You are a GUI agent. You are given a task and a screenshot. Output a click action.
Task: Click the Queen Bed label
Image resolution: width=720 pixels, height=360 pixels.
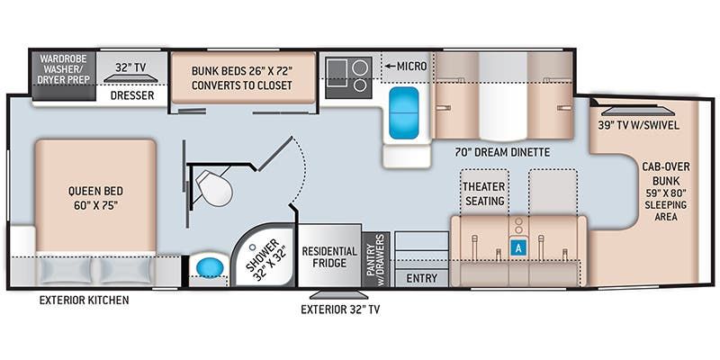click(94, 197)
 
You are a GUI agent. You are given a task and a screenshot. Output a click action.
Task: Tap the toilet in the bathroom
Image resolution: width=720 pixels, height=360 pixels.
click(214, 187)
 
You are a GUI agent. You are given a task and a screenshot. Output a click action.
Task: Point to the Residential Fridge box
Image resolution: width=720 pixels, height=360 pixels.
click(329, 256)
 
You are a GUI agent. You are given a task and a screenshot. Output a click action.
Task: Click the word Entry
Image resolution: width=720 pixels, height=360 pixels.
click(421, 279)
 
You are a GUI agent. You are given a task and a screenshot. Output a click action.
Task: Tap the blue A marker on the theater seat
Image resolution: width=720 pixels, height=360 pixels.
click(518, 246)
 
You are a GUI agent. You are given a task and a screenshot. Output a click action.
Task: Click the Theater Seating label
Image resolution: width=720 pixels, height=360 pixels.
click(484, 193)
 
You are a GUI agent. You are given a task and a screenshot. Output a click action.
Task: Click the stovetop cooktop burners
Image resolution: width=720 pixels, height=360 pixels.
click(348, 74)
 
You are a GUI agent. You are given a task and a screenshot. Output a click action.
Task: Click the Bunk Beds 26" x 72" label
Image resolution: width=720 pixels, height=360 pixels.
click(243, 77)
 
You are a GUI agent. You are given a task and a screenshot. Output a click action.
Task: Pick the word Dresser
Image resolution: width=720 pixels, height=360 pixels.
click(132, 94)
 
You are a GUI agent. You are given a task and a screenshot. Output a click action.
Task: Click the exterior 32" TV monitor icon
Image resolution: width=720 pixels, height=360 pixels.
click(332, 293)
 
